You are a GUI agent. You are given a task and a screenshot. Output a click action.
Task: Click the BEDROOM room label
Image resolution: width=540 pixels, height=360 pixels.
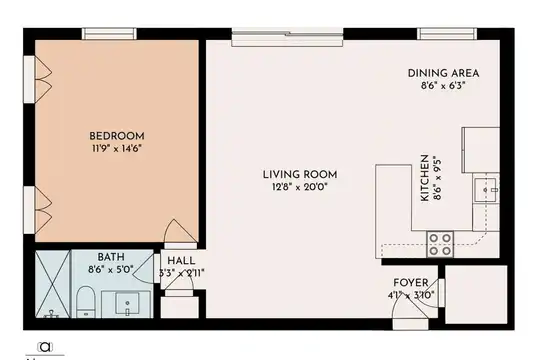tap(117, 136)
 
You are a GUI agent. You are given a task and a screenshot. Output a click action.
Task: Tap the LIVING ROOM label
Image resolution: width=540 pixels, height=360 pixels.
tap(300, 175)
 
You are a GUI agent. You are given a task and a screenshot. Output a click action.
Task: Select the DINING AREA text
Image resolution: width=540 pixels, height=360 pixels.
tap(443, 73)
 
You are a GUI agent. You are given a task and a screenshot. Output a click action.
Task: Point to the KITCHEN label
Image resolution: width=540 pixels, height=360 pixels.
tap(425, 178)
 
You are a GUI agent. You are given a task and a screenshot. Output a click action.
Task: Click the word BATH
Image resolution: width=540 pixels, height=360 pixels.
tap(111, 257)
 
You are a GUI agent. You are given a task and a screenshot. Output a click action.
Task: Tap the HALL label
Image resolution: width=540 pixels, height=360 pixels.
tap(181, 261)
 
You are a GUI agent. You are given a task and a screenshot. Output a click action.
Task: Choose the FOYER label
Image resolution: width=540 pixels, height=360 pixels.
tap(411, 283)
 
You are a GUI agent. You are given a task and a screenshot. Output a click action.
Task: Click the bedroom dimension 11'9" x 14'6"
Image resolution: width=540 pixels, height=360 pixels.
tap(117, 148)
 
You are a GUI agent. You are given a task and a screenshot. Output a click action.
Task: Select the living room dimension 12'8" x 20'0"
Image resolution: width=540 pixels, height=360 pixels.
tap(300, 187)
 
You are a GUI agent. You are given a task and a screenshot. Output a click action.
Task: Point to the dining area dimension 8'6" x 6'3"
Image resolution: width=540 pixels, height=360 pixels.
tap(443, 85)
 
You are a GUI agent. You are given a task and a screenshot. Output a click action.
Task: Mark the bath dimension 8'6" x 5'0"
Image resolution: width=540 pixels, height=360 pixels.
tap(111, 269)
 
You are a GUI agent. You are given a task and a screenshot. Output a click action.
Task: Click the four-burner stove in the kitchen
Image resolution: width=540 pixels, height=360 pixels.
tap(440, 244)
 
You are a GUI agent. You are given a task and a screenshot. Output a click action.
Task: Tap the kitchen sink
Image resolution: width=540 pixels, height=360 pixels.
tap(486, 190)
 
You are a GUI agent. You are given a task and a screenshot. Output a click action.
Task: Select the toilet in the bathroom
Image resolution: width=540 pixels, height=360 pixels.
tap(85, 302)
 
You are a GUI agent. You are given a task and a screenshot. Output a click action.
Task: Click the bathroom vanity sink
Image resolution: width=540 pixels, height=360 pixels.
tap(127, 303)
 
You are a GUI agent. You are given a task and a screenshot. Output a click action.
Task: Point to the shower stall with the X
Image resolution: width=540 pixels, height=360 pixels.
tap(53, 284)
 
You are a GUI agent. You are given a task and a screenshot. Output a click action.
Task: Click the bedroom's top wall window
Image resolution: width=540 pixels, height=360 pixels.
tap(109, 34)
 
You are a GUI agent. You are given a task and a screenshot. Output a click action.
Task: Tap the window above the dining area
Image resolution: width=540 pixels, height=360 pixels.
tap(447, 34)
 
